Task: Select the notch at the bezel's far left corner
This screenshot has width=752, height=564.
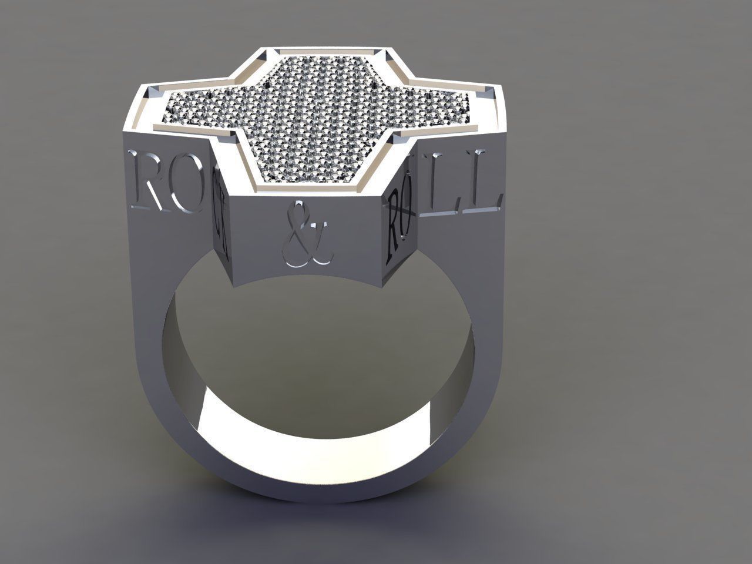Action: pyautogui.click(x=153, y=90)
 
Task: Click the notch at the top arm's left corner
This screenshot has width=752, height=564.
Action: pyautogui.click(x=264, y=55)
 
